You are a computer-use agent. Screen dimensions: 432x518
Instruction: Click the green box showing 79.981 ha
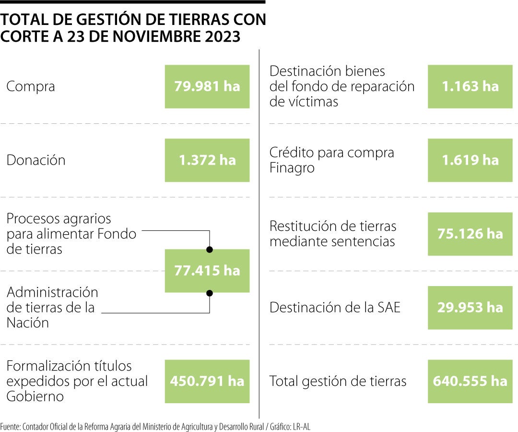coord(207,86)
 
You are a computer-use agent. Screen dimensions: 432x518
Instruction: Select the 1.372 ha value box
coord(207,160)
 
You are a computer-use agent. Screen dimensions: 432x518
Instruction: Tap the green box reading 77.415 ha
coord(207,271)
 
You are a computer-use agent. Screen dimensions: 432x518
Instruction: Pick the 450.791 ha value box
coord(207,381)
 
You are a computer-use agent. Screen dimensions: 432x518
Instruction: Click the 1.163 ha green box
coord(470,86)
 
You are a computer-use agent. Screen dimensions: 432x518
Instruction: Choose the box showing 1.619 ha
coord(470,160)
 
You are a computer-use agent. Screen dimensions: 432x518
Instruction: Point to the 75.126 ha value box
coord(470,234)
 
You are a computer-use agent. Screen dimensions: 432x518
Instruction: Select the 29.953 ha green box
coord(470,308)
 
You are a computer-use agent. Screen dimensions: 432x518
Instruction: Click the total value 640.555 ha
coord(470,381)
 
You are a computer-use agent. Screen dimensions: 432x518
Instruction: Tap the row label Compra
coord(31,87)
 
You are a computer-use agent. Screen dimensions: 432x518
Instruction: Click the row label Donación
coord(36,160)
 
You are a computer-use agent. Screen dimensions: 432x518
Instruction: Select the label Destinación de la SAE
coord(335,308)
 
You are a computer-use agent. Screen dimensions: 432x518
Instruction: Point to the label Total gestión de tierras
coord(338,382)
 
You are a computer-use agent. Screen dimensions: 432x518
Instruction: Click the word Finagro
coord(292,168)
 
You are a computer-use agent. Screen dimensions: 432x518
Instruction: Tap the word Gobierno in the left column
coord(35,396)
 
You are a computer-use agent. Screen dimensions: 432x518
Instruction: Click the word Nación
coord(28,323)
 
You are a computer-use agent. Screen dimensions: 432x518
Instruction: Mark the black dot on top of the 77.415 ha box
coord(210,250)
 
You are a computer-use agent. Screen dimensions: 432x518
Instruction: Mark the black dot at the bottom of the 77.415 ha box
coord(210,292)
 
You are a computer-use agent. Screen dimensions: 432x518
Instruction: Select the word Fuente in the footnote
coord(10,426)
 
